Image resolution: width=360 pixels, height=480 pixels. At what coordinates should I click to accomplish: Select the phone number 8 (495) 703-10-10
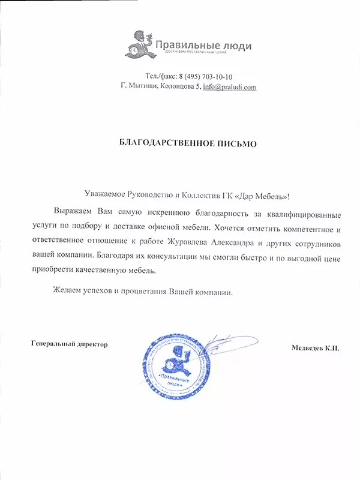click(211, 77)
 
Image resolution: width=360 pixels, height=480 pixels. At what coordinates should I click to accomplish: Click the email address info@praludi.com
click(230, 87)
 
